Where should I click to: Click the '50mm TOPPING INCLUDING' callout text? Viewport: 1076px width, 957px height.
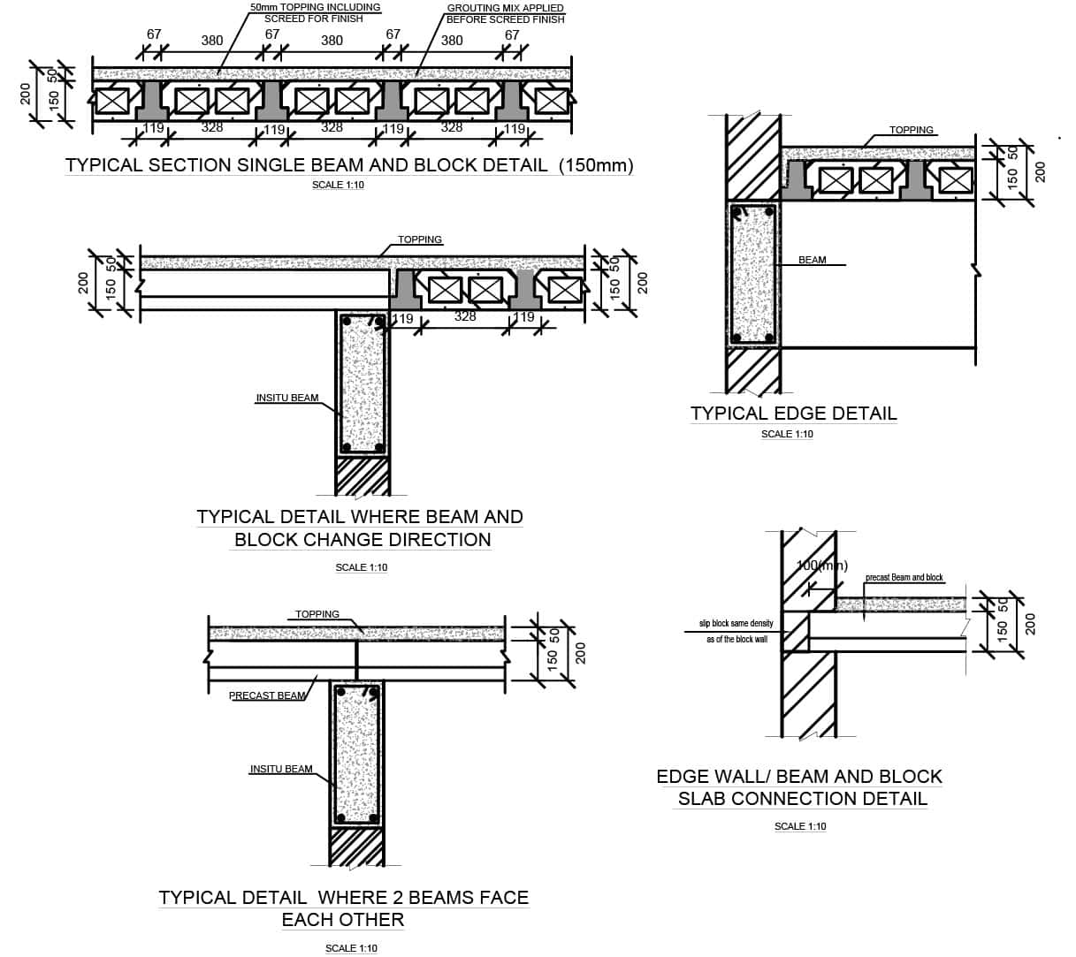[315, 7]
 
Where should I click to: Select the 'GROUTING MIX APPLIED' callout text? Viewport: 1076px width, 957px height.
[505, 8]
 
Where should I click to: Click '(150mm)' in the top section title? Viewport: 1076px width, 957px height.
[596, 165]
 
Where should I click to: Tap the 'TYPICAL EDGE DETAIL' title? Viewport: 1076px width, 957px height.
[793, 414]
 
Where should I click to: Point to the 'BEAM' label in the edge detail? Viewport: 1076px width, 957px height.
[812, 260]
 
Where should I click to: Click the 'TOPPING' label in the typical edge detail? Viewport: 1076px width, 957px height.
[911, 130]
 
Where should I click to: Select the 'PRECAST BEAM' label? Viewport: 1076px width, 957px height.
[267, 695]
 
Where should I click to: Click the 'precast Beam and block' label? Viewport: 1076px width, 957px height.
[904, 578]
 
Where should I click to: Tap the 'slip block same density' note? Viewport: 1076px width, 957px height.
[736, 624]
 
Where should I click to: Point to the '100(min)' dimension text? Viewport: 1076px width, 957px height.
[821, 566]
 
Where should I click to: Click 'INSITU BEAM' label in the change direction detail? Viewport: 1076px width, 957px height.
[286, 398]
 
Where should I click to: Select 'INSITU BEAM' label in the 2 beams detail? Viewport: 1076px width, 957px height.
[281, 769]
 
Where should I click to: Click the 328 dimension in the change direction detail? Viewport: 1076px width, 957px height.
[465, 316]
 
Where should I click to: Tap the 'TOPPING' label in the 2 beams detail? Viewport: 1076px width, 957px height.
[317, 614]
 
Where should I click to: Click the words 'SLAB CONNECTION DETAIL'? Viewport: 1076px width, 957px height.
[802, 799]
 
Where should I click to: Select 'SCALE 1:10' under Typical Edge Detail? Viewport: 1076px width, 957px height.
[787, 434]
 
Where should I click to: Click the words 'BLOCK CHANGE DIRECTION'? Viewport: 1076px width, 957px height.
[362, 540]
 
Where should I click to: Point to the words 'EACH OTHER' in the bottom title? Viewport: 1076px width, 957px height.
[343, 920]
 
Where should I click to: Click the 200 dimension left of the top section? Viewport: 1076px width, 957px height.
[26, 95]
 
